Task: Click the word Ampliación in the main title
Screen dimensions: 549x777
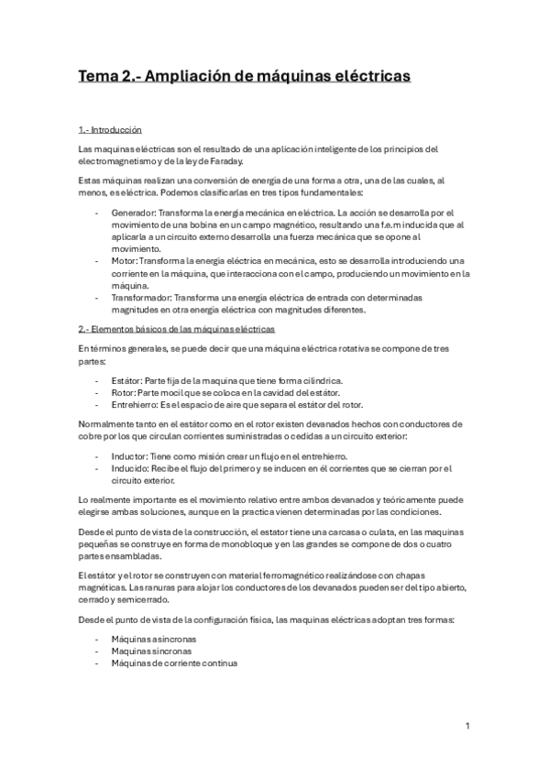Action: pos(187,76)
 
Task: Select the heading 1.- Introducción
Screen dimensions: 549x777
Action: pos(110,128)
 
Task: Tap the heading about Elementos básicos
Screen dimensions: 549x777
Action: pos(177,328)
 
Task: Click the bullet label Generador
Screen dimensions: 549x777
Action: pos(132,212)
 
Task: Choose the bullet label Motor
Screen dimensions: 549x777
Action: pos(123,260)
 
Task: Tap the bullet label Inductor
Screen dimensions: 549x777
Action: pos(129,455)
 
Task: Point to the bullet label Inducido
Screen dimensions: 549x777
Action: pos(130,467)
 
